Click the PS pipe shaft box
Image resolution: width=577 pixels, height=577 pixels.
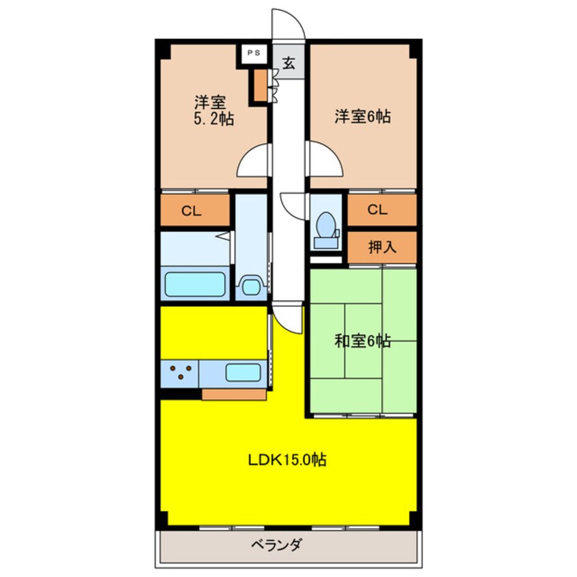pos(254,53)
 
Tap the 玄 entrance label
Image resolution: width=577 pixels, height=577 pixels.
pos(289,63)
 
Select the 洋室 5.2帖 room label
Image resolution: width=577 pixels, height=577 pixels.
pos(213,110)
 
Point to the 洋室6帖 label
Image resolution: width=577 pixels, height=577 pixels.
pos(362,116)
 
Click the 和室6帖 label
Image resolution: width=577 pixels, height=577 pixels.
pos(362,341)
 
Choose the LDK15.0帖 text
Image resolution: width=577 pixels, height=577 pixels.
pos(287,460)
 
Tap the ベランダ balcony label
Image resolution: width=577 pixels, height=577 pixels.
pos(277,544)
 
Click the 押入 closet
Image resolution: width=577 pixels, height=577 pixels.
pos(382,248)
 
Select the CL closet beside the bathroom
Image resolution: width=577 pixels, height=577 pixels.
pos(195,210)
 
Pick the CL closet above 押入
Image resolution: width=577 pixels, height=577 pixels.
pos(382,210)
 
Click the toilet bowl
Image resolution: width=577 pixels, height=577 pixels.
pos(326,224)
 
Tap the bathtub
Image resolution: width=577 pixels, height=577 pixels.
pos(194,284)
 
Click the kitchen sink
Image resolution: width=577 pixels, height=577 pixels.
pos(243,373)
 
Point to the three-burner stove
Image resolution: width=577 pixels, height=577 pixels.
pos(180,372)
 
